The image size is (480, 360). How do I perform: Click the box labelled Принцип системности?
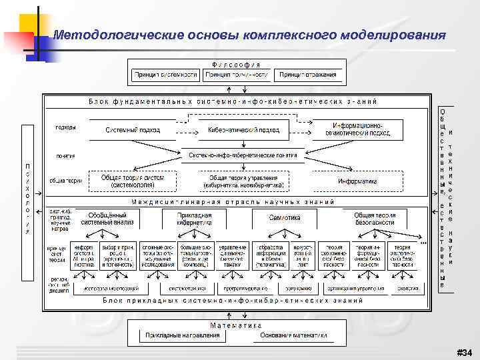pos(166,75)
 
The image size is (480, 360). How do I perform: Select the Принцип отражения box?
pos(307,75)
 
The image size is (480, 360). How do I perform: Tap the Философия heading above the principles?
pos(237,64)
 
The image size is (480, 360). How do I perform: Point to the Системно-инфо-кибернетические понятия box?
pos(243,155)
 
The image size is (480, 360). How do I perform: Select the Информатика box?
pos(357,181)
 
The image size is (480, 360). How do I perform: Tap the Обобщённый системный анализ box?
pos(107,219)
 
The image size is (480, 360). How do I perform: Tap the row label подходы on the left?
pos(65,127)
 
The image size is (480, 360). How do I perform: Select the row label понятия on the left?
pos(65,155)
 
